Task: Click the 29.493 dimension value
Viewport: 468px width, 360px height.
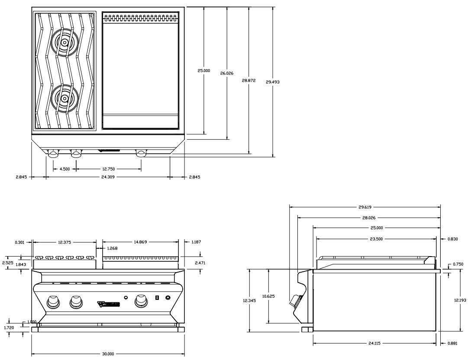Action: click(273, 81)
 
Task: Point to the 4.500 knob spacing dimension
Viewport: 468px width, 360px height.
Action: click(65, 169)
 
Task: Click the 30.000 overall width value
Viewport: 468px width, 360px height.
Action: click(108, 354)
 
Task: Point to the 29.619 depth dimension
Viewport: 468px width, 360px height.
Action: click(365, 207)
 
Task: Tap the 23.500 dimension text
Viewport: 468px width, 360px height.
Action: click(376, 238)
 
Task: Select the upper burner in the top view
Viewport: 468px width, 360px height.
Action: click(64, 42)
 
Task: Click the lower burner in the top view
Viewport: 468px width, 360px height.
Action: click(64, 99)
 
